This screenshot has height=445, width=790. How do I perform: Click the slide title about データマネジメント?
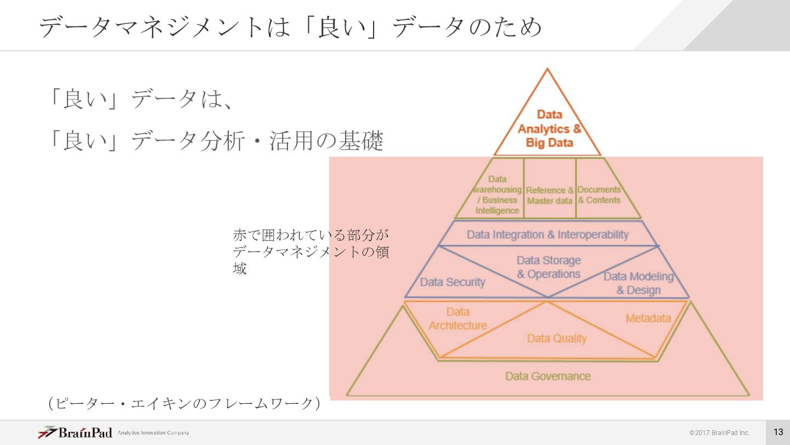291,26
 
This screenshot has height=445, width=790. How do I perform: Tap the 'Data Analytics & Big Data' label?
549,129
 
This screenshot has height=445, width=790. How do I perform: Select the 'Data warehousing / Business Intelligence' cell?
497,194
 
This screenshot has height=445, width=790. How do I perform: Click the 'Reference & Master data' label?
550,196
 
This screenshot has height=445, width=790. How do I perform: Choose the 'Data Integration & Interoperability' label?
548,235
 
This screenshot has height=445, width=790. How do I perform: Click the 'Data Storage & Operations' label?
549,267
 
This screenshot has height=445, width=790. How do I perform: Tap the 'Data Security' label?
453,282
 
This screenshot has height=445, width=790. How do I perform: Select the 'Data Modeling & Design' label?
639,283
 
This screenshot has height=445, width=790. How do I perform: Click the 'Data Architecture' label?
458,319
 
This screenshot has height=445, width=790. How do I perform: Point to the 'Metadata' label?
648,319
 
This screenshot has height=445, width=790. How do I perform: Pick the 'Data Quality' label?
557,338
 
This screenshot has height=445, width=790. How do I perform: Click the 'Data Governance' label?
548,376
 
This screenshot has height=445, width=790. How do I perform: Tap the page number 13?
778,432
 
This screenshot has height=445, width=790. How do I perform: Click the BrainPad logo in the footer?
75,432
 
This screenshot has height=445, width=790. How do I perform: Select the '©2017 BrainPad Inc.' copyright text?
719,433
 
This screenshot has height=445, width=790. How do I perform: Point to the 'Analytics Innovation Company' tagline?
154,433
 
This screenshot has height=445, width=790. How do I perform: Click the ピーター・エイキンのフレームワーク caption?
184,404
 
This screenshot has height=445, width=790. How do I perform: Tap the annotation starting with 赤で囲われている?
311,252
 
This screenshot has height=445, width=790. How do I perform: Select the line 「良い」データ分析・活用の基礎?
216,141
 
